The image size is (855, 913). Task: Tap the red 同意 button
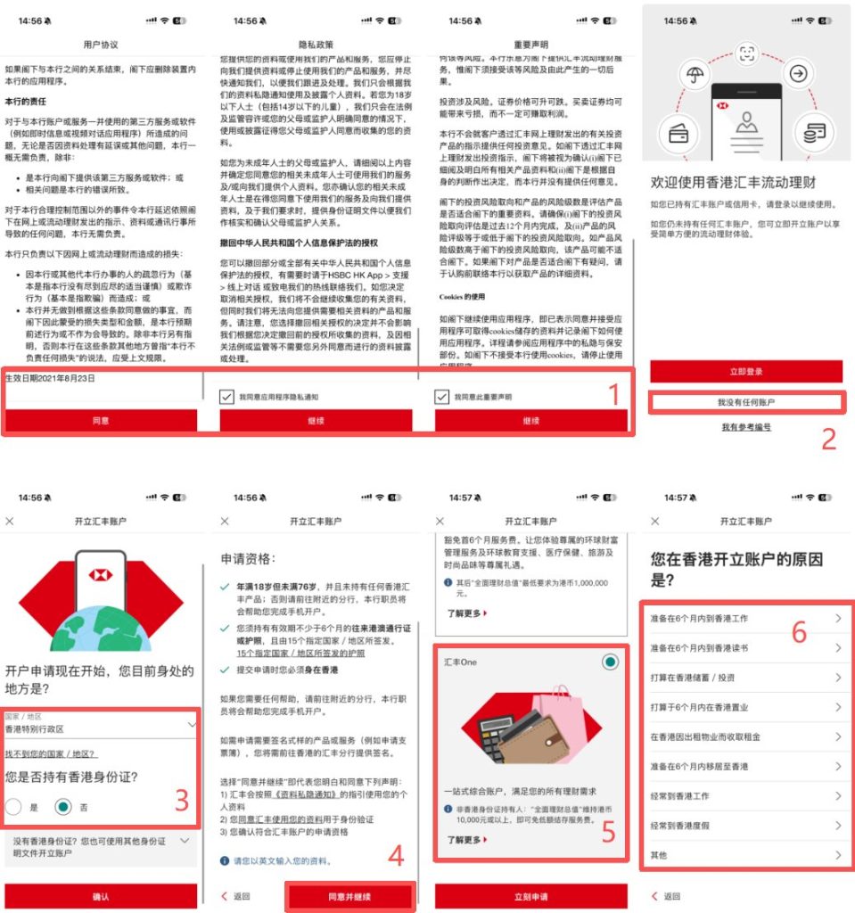(101, 420)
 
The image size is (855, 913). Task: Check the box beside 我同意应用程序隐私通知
(227, 397)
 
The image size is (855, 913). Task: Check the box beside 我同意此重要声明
(442, 397)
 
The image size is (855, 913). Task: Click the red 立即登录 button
(745, 371)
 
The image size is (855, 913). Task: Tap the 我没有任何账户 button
(745, 403)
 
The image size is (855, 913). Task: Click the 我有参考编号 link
(745, 428)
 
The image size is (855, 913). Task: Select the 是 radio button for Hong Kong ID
(14, 807)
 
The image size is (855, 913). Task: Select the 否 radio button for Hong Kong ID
(62, 807)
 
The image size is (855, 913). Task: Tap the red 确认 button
(101, 896)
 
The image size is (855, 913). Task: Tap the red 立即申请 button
(530, 896)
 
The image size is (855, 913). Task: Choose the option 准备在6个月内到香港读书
(745, 648)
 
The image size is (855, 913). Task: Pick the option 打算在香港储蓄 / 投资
(745, 678)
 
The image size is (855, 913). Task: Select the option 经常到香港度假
(745, 826)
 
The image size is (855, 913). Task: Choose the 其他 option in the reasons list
(745, 855)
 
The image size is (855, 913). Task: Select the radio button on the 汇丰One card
(610, 662)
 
